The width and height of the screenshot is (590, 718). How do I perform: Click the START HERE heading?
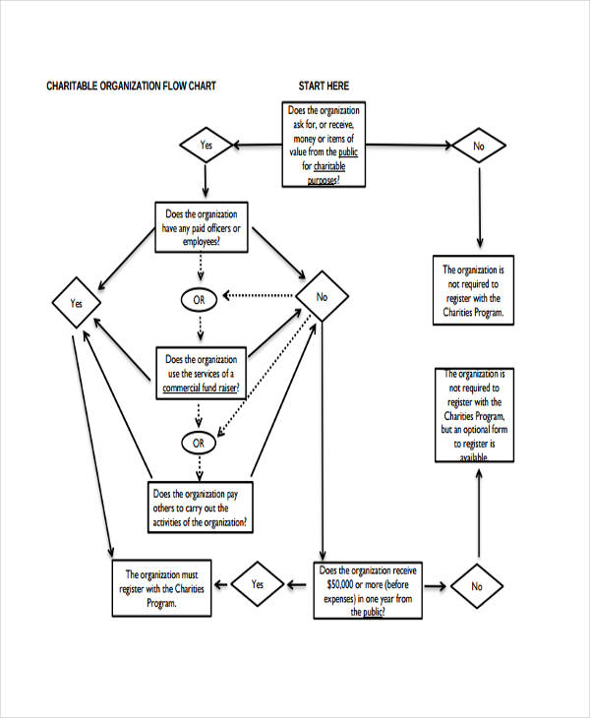coord(324,87)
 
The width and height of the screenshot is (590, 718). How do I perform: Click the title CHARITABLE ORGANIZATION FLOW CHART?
coord(132,87)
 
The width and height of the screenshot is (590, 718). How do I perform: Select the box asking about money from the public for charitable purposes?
coord(324,145)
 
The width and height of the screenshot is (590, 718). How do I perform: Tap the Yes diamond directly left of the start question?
coord(206,146)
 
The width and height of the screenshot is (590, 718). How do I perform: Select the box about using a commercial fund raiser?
coord(201,374)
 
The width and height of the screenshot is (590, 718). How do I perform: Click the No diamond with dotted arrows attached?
coord(321,296)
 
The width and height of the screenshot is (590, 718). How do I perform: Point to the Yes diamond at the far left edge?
coord(76,305)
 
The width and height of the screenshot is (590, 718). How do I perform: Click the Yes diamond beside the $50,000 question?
coord(257,584)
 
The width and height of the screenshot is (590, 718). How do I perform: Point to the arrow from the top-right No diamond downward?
coord(479,207)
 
